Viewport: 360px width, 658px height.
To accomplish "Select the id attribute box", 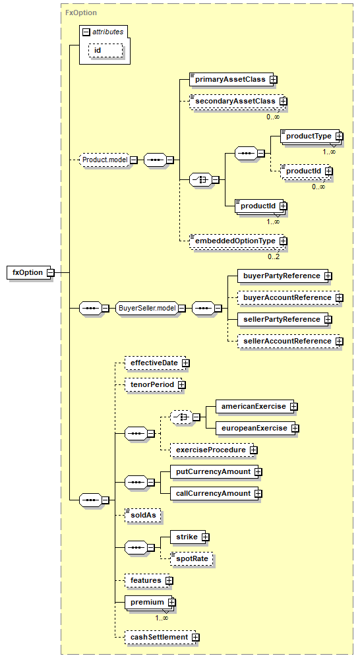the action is point(105,50).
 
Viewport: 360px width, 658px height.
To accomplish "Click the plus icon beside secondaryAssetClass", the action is point(284,101).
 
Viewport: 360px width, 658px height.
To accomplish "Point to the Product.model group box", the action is point(105,160).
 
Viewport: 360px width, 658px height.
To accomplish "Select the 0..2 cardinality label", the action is point(274,256).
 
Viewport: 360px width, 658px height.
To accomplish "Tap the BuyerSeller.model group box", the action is point(147,308).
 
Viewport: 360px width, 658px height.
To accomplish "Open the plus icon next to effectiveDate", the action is point(185,363).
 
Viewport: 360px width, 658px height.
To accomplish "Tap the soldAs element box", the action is point(143,516).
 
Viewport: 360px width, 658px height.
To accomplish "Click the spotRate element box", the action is point(192,559).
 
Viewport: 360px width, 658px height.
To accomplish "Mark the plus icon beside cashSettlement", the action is point(195,638).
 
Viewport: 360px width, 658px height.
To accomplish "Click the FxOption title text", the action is point(81,13).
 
